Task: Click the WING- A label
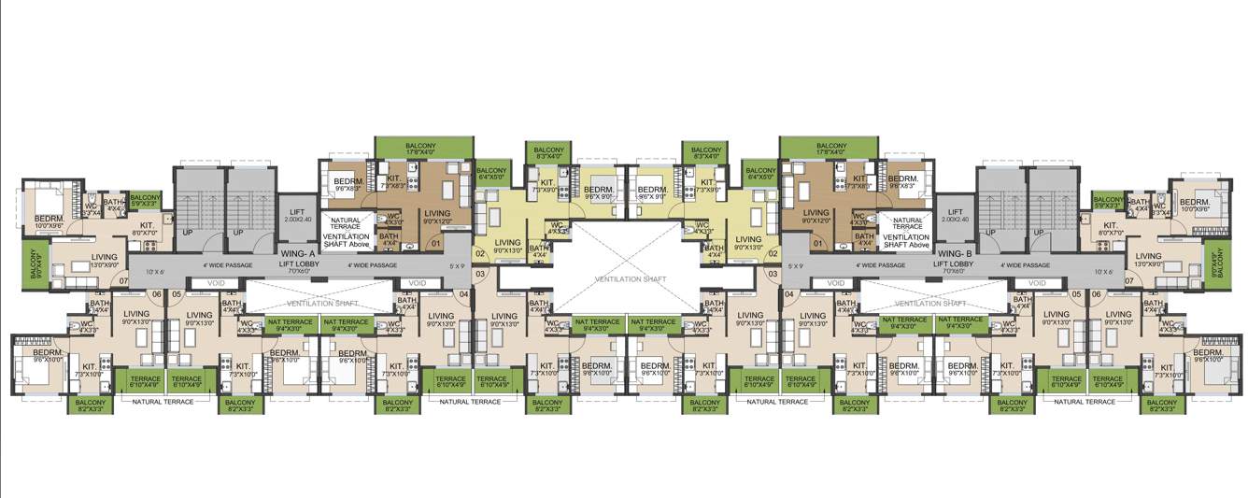point(300,253)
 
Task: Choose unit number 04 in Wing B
point(789,294)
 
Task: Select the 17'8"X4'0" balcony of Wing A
point(421,148)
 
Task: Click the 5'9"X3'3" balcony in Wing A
point(145,201)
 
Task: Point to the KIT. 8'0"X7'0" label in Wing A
point(147,229)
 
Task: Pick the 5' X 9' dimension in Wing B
point(797,266)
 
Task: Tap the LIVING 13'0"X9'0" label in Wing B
point(1149,259)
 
